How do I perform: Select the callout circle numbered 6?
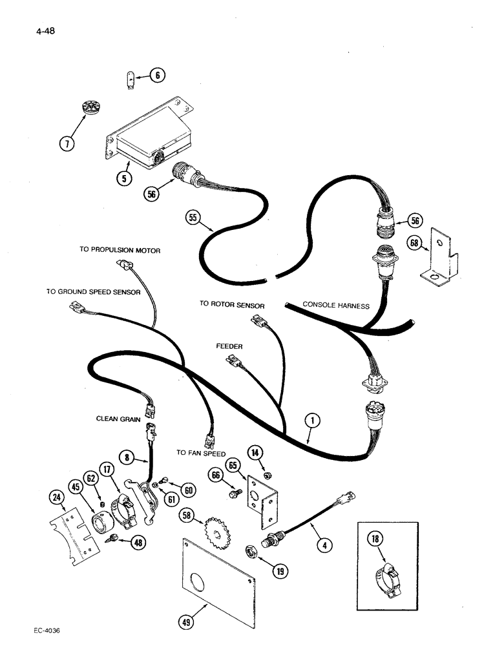[157, 75]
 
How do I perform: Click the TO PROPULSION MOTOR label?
[120, 250]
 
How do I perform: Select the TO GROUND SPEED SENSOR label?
[93, 292]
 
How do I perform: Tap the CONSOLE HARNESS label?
[336, 305]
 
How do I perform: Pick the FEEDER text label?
[229, 347]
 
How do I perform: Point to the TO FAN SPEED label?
[201, 453]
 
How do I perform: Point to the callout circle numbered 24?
[56, 497]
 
